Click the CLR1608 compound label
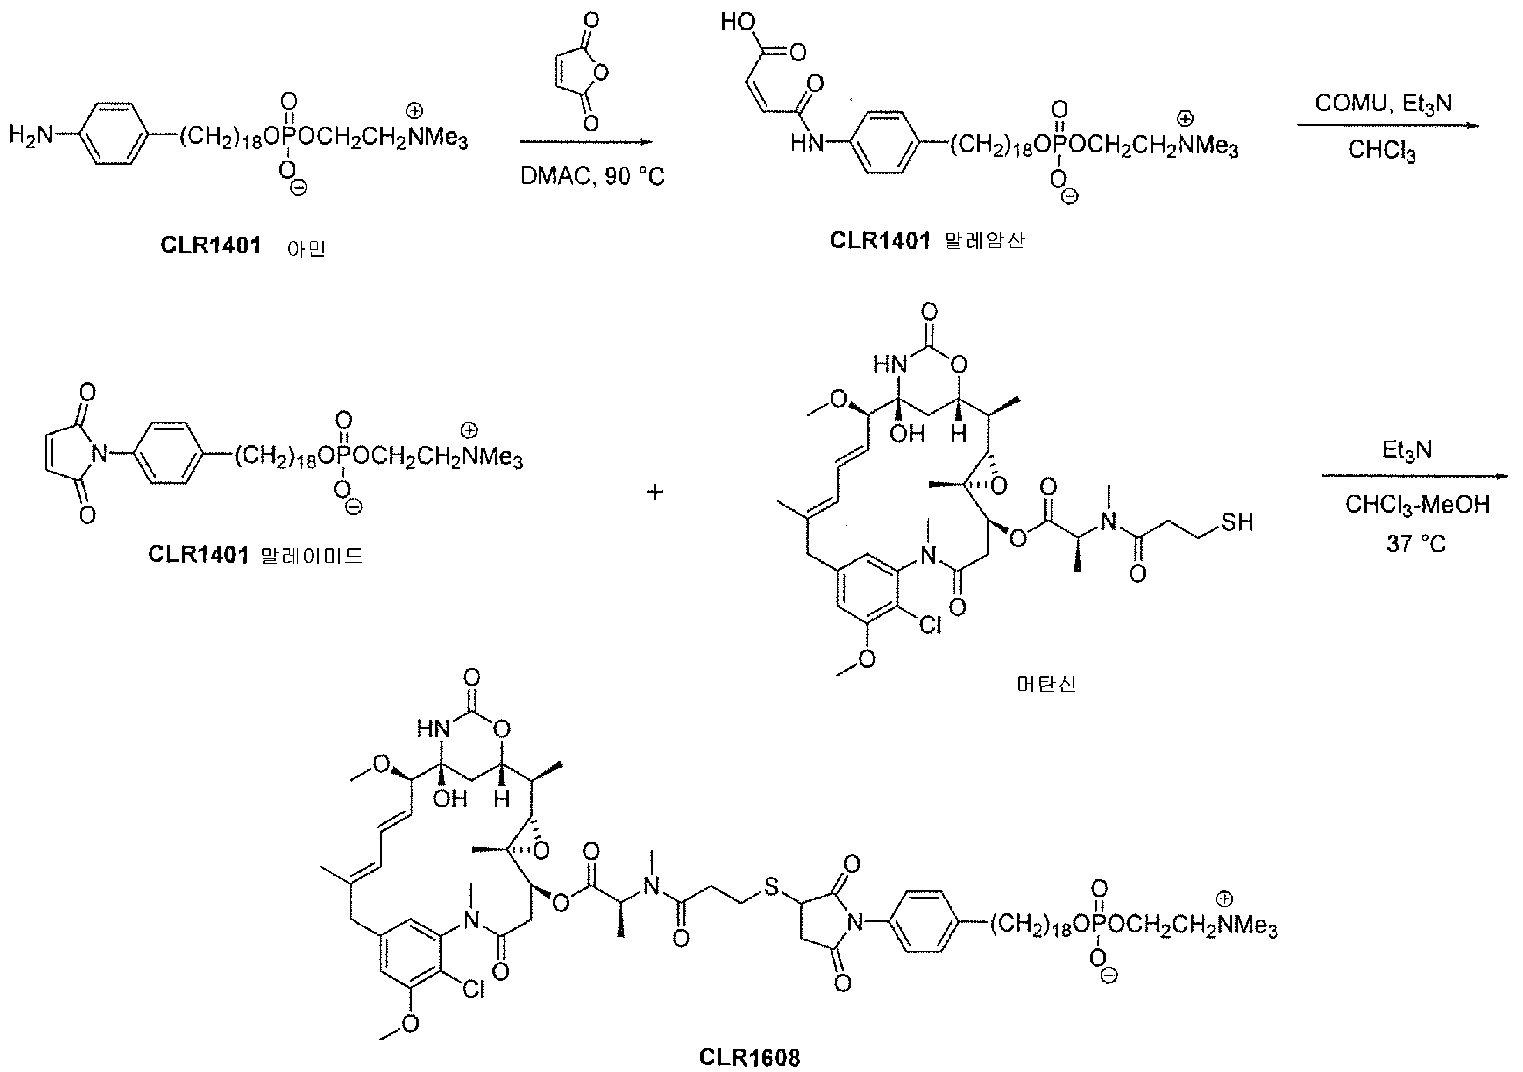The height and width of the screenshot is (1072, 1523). (x=750, y=1057)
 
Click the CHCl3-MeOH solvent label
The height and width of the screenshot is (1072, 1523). (x=1417, y=505)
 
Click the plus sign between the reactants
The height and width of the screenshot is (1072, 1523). (x=655, y=492)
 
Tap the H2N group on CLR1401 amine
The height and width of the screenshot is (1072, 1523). (x=30, y=135)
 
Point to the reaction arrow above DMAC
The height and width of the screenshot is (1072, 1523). (x=587, y=141)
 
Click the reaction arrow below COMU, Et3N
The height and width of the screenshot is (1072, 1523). (x=1388, y=125)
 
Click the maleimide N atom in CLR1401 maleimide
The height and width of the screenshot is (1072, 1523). (x=99, y=454)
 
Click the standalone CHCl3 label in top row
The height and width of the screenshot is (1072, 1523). (x=1382, y=150)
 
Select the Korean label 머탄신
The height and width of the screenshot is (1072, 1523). (x=1046, y=684)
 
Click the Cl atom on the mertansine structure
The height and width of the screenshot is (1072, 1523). (x=930, y=625)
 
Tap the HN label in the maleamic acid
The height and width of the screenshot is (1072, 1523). (x=807, y=142)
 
